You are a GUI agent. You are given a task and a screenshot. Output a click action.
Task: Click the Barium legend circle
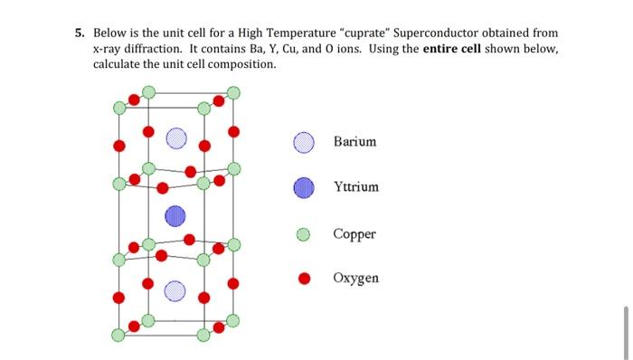coord(305,143)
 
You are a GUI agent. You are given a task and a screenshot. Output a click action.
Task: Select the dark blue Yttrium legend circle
coord(305,188)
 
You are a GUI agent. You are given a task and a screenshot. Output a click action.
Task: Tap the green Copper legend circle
coord(305,235)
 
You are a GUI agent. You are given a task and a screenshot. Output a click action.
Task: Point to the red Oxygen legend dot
coord(305,279)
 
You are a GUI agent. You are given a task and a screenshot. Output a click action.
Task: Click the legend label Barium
coord(354,142)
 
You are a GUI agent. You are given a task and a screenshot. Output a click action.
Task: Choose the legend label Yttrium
coord(356,187)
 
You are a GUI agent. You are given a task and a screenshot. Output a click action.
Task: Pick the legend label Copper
coord(354,234)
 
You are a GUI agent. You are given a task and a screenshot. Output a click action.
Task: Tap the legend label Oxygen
coord(355,279)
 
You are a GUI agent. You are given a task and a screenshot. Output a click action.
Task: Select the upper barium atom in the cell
coord(175,138)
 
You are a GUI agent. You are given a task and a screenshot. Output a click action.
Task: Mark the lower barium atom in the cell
coord(175,289)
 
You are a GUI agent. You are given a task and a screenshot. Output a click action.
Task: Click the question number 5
coord(80,33)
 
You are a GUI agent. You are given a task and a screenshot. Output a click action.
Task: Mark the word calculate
coord(120,65)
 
